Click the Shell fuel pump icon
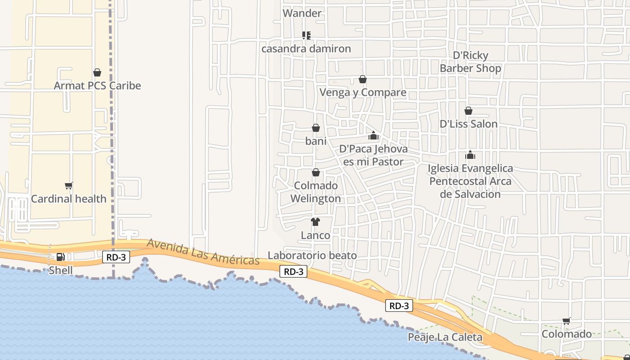60,257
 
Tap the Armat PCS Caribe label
97,85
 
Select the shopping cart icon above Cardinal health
69,185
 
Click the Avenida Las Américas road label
203,252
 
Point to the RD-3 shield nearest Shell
116,257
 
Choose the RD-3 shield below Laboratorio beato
293,271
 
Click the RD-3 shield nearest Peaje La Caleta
399,306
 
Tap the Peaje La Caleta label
445,337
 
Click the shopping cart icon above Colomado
567,321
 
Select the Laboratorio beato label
312,256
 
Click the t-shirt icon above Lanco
315,222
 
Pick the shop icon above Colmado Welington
316,172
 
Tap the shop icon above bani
316,128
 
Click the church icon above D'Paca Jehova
373,135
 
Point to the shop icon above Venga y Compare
363,80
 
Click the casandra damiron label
306,49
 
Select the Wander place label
302,13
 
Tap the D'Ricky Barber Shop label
470,62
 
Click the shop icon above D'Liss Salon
468,111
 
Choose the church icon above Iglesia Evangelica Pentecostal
470,155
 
